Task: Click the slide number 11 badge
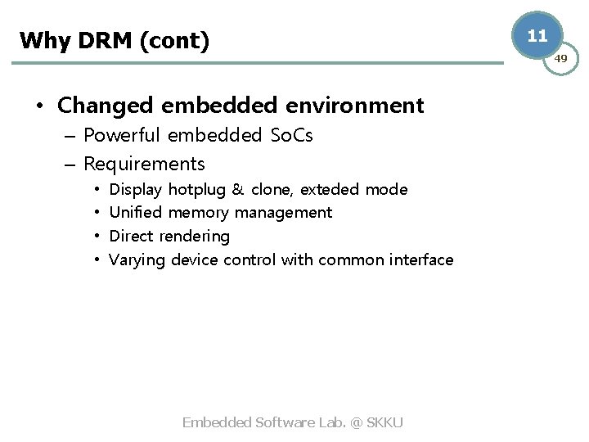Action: (537, 36)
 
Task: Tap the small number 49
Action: (560, 58)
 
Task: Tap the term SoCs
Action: (291, 135)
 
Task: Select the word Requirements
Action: (144, 164)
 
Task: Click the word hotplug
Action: (197, 190)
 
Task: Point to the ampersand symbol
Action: (238, 190)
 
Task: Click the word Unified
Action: (136, 213)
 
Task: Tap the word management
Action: (283, 213)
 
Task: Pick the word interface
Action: (418, 260)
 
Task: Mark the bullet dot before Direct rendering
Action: (97, 237)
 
